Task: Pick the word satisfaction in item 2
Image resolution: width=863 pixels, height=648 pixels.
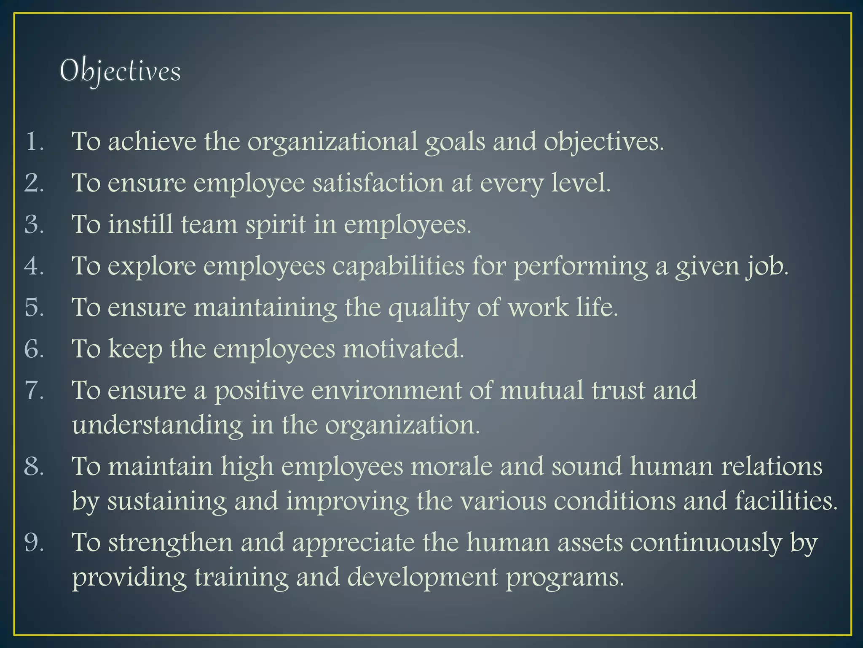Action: tap(378, 184)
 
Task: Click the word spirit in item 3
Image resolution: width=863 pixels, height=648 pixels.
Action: tap(276, 225)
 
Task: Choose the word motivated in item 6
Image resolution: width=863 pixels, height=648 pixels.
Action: tap(403, 349)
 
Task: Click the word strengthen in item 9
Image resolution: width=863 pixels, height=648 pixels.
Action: tap(170, 543)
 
